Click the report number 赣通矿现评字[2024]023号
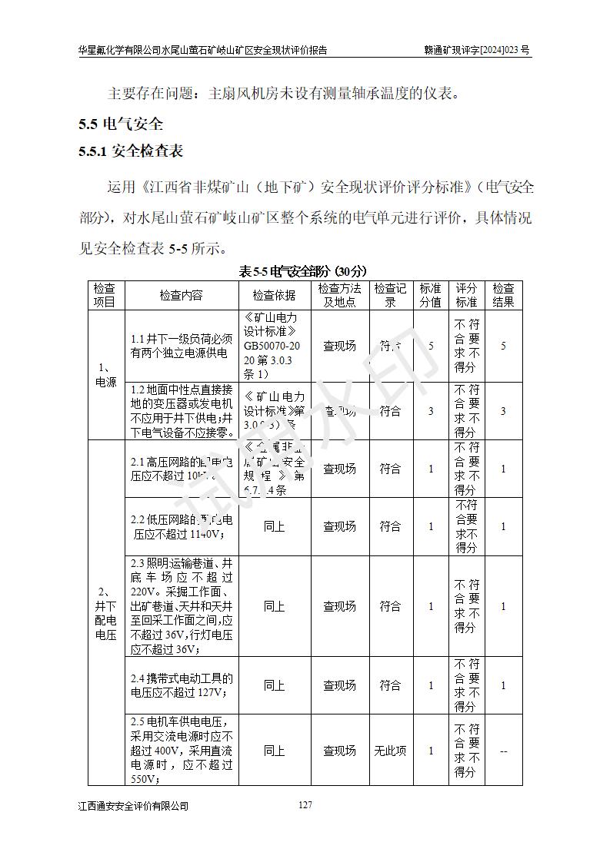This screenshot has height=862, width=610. (477, 51)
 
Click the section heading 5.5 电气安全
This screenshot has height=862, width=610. (121, 124)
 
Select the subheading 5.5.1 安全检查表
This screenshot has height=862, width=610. (131, 151)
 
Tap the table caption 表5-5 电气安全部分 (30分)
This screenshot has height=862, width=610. (304, 271)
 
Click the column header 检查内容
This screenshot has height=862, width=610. (182, 296)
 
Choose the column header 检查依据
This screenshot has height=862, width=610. (274, 296)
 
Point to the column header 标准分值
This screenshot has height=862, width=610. (430, 296)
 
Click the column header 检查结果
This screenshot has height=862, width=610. (503, 296)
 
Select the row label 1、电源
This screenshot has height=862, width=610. (106, 375)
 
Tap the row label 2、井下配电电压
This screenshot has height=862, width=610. (106, 613)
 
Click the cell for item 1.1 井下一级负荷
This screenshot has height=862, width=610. (182, 346)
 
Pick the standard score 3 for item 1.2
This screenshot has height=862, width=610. (431, 411)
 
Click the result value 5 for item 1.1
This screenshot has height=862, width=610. (503, 346)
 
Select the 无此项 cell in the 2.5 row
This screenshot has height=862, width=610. (390, 751)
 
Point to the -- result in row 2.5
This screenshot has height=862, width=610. (503, 751)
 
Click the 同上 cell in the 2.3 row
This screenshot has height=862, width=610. (274, 606)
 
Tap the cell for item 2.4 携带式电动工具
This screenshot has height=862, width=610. (182, 685)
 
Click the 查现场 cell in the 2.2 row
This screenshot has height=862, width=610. (339, 526)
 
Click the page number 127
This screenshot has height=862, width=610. (305, 805)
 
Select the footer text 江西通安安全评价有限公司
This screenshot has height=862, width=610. (133, 806)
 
